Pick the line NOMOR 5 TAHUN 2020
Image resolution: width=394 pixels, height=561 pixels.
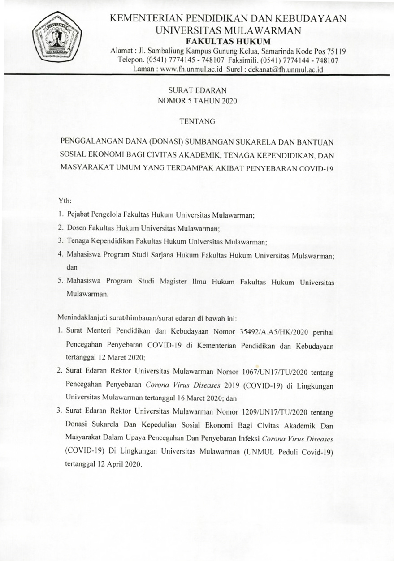click(197, 101)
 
